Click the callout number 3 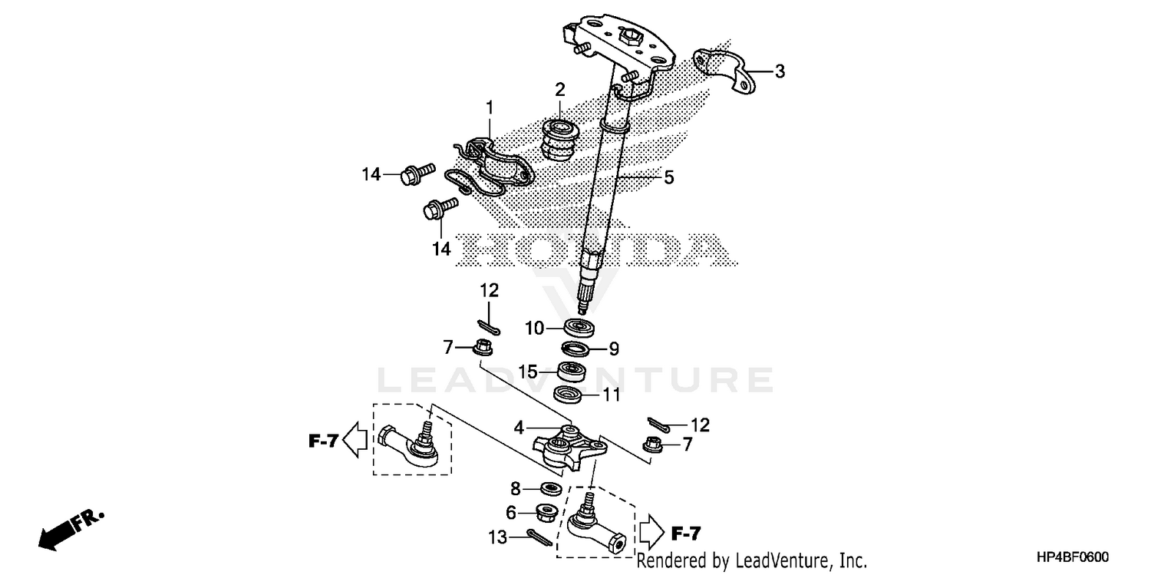coord(780,72)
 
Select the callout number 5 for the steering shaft coord(669,177)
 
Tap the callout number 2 coord(560,88)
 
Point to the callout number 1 coord(489,107)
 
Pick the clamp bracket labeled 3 coord(722,71)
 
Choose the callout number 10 coord(535,329)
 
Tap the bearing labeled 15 coord(571,372)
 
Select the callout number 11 coord(611,396)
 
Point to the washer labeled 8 coord(550,487)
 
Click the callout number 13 coord(500,538)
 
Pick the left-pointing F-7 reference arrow coord(354,441)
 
